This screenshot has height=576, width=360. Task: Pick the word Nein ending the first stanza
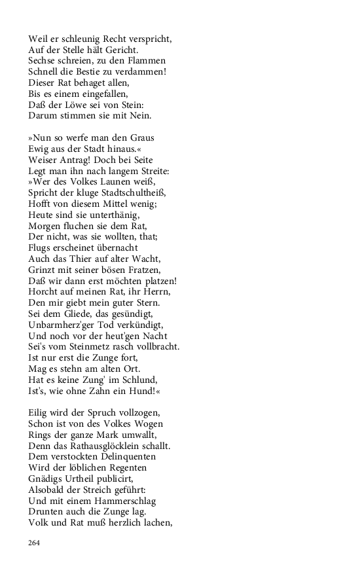pyautogui.click(x=139, y=116)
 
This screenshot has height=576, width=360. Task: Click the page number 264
pyautogui.click(x=35, y=543)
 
